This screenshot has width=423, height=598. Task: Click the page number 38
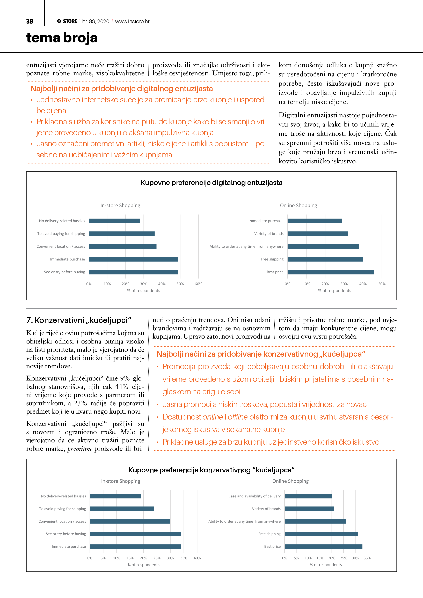click(30, 21)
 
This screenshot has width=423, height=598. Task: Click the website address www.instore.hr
click(132, 21)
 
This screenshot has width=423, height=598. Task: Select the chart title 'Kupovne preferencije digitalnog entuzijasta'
click(211, 183)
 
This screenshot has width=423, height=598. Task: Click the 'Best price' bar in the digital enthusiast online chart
click(331, 272)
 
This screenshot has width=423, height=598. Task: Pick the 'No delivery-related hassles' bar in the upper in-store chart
click(114, 221)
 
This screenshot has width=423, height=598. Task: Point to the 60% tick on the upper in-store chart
click(198, 284)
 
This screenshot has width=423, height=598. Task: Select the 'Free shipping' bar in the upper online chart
click(325, 259)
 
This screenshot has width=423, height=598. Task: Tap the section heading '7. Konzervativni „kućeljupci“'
click(79, 320)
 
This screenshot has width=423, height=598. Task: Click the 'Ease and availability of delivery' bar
click(308, 496)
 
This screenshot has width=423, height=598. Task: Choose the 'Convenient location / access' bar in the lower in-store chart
click(130, 521)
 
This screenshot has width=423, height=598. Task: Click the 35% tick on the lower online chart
click(367, 558)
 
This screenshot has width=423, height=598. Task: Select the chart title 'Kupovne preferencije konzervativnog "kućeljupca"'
click(211, 470)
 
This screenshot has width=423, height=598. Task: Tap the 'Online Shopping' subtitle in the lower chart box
click(290, 481)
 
